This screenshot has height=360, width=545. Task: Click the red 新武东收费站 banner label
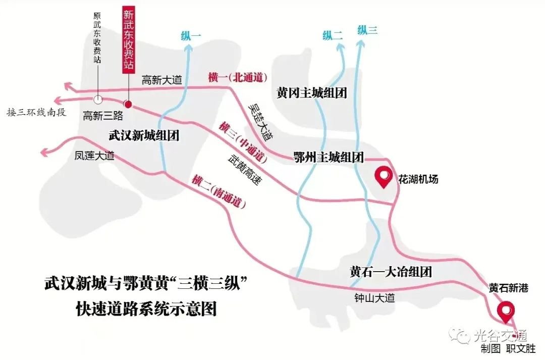[129, 39]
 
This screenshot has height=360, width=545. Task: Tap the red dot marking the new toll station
[128, 105]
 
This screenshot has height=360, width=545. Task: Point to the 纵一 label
[191, 35]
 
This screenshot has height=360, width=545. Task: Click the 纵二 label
[333, 35]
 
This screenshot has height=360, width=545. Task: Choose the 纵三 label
[367, 30]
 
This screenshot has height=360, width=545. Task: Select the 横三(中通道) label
[243, 142]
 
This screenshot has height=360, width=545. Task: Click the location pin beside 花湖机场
[384, 177]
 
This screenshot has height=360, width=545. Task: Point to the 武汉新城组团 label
[144, 136]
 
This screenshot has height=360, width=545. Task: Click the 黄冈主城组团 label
[311, 93]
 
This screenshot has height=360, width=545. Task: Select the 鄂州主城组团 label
[329, 158]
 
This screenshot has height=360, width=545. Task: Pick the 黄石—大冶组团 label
[391, 272]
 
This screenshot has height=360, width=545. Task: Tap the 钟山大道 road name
[374, 297]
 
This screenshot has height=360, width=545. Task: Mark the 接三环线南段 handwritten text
[36, 112]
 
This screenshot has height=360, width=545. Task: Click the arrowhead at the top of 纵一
[189, 47]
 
